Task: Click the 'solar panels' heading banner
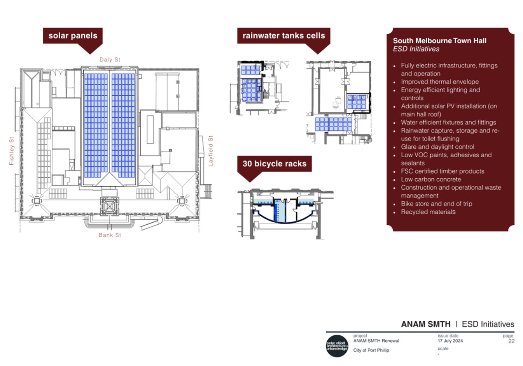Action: point(73,36)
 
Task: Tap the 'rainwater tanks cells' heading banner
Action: point(284,36)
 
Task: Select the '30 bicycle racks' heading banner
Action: point(275,164)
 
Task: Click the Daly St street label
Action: point(110,60)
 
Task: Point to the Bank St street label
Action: point(110,235)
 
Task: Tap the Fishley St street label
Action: point(11,151)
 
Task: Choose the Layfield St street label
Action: point(210,151)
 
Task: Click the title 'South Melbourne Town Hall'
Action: point(440,40)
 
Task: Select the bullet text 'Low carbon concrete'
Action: point(431,179)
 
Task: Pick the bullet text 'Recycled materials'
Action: point(428,212)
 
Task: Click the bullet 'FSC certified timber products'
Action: point(443,171)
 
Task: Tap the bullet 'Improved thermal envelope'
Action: point(440,82)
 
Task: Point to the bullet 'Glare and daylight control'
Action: point(437,147)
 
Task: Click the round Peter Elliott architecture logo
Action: point(337,346)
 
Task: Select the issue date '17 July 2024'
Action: point(450,341)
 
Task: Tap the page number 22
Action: point(511,341)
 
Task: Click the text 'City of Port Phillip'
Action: point(371,350)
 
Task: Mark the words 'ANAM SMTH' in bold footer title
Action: point(426,324)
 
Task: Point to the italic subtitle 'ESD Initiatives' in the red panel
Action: point(416,49)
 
